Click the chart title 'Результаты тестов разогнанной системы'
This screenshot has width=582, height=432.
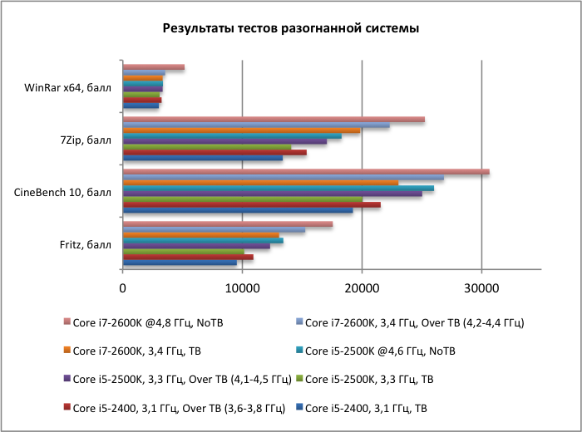point(290,28)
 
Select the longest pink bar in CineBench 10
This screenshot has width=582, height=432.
point(306,172)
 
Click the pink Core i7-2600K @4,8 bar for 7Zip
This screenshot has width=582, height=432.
point(274,120)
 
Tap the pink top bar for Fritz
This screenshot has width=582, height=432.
point(228,224)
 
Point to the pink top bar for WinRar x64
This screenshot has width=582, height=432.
point(154,67)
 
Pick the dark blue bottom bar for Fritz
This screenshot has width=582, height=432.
point(180,263)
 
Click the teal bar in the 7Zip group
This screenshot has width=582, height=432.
point(232,135)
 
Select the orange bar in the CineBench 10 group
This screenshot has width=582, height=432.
point(260,183)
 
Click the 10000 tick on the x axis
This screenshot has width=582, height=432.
point(242,288)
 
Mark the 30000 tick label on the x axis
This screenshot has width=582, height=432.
point(481,288)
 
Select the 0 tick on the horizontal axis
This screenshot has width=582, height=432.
point(123,288)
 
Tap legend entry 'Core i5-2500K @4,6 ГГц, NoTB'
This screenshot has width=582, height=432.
point(381,351)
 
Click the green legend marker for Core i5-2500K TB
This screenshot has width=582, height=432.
point(300,380)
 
